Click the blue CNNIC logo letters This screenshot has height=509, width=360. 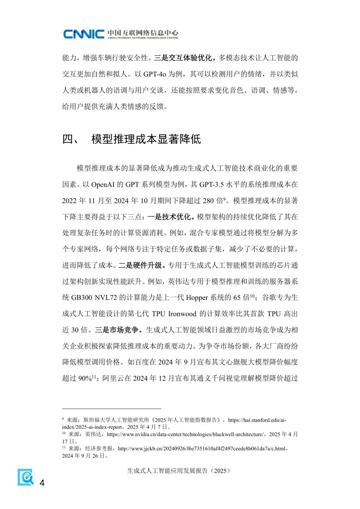[84, 34]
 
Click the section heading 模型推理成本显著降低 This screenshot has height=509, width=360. [146, 139]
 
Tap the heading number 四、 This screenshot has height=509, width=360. [70, 139]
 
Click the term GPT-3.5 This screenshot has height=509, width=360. [211, 184]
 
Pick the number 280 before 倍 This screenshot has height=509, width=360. [208, 201]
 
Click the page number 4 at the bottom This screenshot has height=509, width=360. [42, 483]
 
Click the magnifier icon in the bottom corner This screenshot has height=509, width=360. [26, 477]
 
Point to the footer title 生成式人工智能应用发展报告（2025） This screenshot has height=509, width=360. [179, 471]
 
